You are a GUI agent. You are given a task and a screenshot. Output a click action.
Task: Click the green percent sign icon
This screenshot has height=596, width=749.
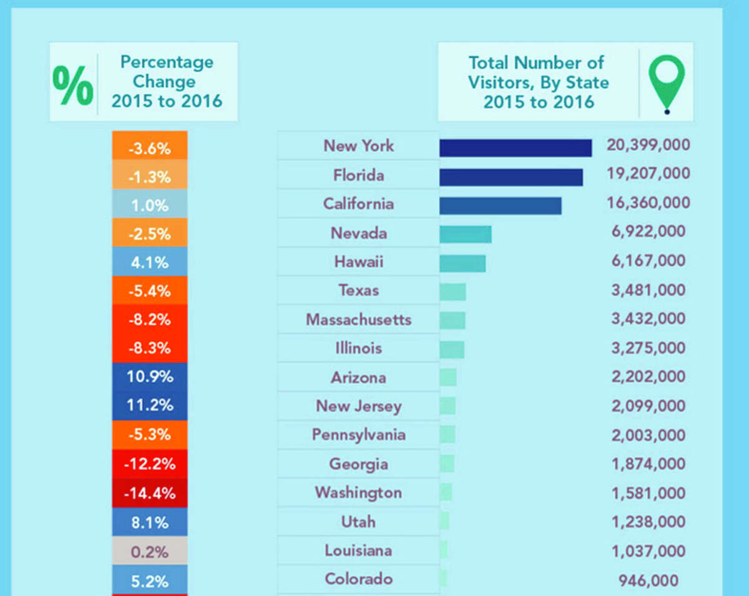tap(73, 82)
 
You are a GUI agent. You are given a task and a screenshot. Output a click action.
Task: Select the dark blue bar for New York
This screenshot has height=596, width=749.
tap(515, 148)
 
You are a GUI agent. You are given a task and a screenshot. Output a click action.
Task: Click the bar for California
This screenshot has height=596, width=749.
tap(500, 206)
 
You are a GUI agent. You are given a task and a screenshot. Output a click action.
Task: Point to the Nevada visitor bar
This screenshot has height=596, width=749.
tap(465, 234)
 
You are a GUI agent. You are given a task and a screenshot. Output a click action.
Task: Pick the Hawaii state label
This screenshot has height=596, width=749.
tap(358, 261)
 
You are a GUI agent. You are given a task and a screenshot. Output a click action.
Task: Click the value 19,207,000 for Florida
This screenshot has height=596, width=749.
tap(648, 173)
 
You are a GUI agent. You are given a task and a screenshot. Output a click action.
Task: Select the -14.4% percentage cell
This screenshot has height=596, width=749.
tap(149, 493)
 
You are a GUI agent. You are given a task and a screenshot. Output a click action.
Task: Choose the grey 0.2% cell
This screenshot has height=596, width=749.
tap(149, 552)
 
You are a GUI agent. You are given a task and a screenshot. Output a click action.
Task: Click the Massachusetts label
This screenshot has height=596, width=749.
tap(358, 320)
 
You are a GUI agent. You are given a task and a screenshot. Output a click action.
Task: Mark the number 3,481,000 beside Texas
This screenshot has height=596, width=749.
tap(648, 290)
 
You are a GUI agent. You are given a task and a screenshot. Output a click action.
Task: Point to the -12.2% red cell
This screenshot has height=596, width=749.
tap(149, 464)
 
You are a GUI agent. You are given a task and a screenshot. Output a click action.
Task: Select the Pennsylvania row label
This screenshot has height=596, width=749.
tap(358, 435)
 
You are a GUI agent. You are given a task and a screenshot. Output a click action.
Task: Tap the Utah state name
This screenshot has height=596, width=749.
tap(358, 522)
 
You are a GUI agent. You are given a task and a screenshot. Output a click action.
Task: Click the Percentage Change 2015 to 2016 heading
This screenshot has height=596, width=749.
tap(167, 81)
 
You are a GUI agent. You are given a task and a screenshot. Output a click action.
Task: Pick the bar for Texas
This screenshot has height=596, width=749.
tap(453, 291)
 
